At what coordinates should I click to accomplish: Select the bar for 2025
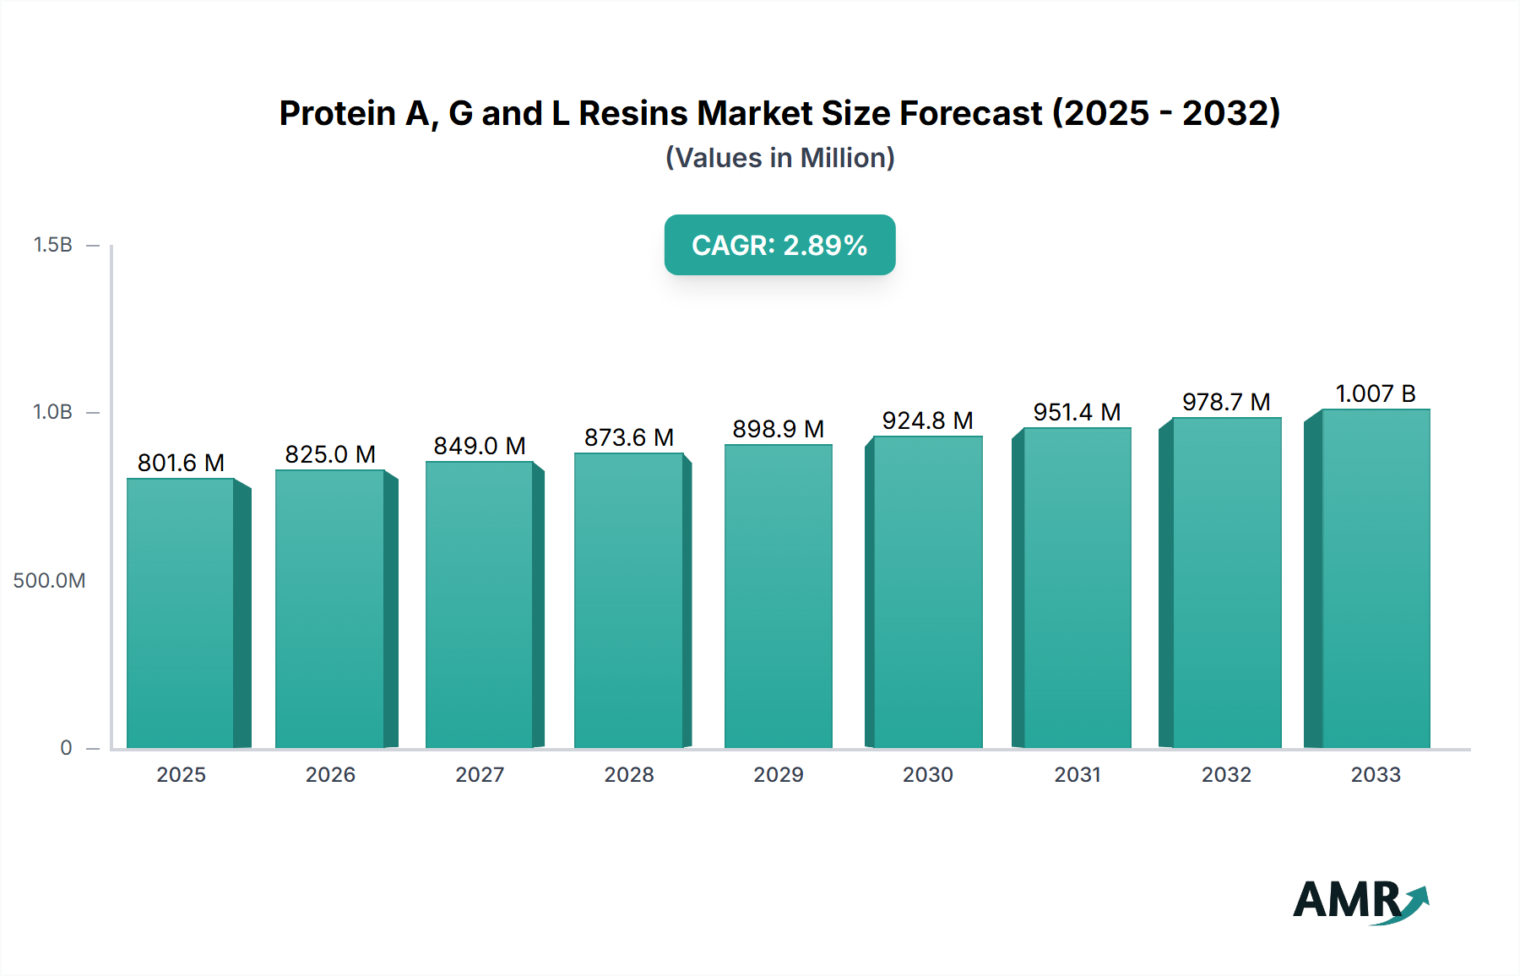point(181,613)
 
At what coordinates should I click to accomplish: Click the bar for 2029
point(779,596)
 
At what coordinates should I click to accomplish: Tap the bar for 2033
point(1375,579)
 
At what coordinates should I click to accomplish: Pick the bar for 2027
point(480,605)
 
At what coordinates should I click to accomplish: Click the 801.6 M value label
point(181,463)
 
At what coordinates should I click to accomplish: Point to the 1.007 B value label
point(1375,393)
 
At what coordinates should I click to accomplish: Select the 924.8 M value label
point(927,420)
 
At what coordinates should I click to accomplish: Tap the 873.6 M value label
point(629,437)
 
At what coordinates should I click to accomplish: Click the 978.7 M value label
point(1226,402)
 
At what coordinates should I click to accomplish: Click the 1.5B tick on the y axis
point(53,245)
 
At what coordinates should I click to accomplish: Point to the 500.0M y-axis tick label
point(49,581)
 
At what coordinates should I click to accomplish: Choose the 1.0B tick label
point(53,412)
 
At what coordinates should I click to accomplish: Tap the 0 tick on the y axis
point(66,748)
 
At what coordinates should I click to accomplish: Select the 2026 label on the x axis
point(330,774)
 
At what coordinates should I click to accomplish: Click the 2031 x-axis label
point(1078,774)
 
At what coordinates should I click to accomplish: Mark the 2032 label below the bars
point(1226,774)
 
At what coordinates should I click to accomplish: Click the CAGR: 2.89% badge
point(779,245)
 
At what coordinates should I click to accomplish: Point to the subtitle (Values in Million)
point(779,158)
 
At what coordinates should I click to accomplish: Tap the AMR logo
point(1360,900)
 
